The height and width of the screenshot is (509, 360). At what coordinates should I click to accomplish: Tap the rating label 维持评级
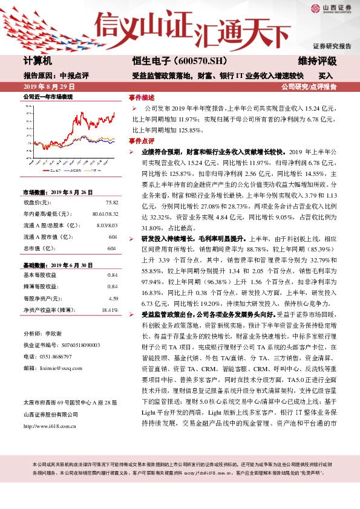318,62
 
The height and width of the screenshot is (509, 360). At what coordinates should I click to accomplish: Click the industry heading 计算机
38,62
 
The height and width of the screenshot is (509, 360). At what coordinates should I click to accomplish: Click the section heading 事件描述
142,97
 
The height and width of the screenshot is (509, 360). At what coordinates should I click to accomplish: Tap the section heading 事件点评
142,140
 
